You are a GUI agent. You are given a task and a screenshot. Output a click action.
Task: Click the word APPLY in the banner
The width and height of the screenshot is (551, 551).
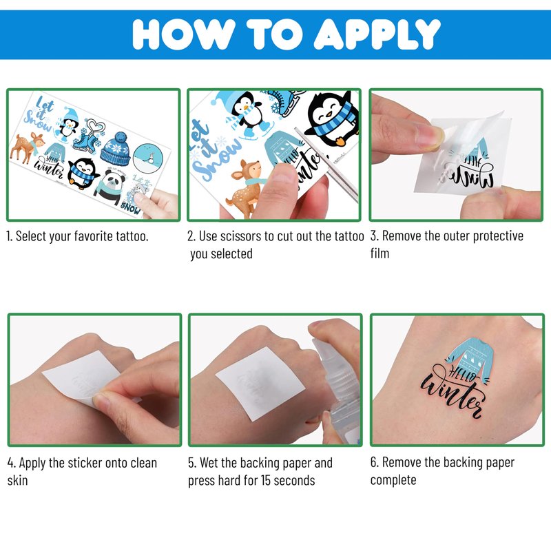tap(377, 34)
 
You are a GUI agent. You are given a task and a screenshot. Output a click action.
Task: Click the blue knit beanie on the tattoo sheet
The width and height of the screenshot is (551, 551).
tap(116, 149)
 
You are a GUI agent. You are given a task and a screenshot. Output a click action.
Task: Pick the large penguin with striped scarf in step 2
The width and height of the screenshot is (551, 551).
tap(332, 119)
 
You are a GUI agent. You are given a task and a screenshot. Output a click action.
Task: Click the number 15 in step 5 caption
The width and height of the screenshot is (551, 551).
tap(265, 480)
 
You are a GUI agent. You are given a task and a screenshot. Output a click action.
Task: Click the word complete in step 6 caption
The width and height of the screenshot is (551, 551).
tap(393, 480)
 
